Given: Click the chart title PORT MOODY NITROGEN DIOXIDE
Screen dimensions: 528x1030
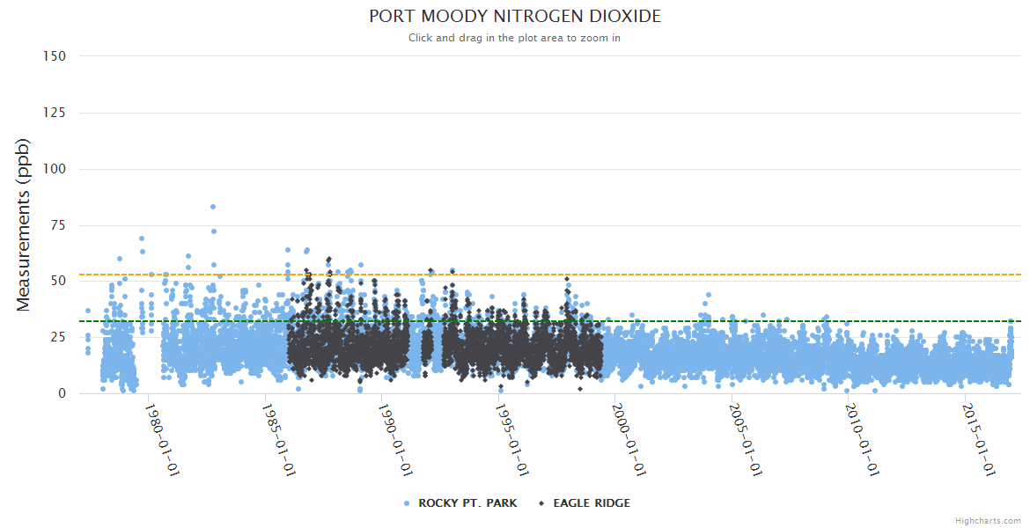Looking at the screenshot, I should coord(514,16).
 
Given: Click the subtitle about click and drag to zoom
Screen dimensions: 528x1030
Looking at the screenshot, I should coord(514,38).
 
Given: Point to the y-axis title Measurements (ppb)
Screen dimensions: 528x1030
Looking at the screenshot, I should coord(24,224).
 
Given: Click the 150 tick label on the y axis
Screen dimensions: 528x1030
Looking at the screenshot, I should coord(55,55).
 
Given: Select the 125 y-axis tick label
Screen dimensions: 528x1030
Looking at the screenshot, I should coord(55,112).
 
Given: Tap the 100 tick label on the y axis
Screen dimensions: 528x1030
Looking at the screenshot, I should coord(55,168).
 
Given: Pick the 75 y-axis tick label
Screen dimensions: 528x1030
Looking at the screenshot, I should coord(58,224).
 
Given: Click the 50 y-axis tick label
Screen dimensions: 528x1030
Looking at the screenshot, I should coord(58,281).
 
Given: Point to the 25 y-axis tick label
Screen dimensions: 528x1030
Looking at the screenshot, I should coord(58,337).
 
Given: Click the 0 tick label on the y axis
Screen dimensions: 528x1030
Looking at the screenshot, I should coord(62,393).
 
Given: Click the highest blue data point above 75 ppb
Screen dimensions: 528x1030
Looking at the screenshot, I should coord(213,207).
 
